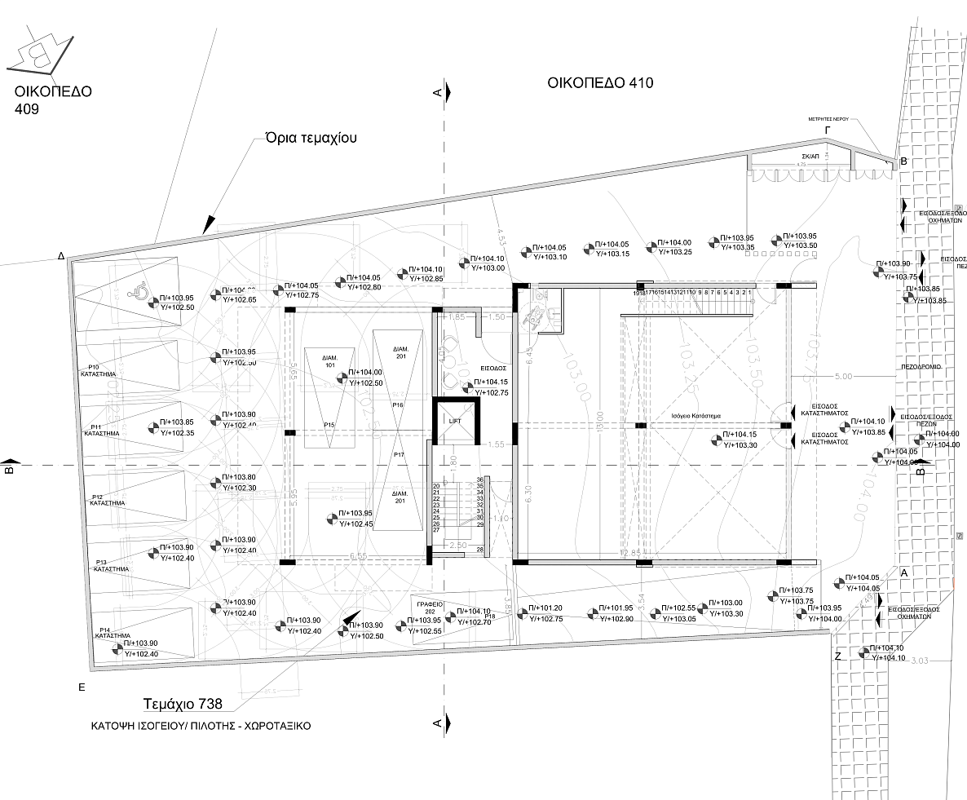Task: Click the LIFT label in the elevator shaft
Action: pyautogui.click(x=455, y=421)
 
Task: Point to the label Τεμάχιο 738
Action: pyautogui.click(x=182, y=704)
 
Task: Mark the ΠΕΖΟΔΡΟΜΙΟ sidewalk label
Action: pyautogui.click(x=921, y=367)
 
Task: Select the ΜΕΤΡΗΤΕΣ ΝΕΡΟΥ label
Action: pyautogui.click(x=828, y=119)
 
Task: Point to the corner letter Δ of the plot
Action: pyautogui.click(x=61, y=255)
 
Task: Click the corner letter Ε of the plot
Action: pyautogui.click(x=82, y=687)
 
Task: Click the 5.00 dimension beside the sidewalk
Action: pyautogui.click(x=843, y=376)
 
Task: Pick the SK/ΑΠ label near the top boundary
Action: pyautogui.click(x=810, y=153)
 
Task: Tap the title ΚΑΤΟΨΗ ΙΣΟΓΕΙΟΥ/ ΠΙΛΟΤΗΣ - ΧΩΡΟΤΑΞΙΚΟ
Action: pyautogui.click(x=201, y=725)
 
